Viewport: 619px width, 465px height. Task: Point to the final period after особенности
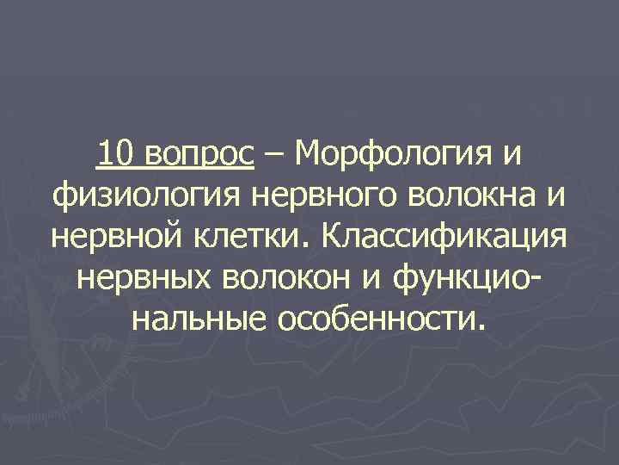tap(479, 330)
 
